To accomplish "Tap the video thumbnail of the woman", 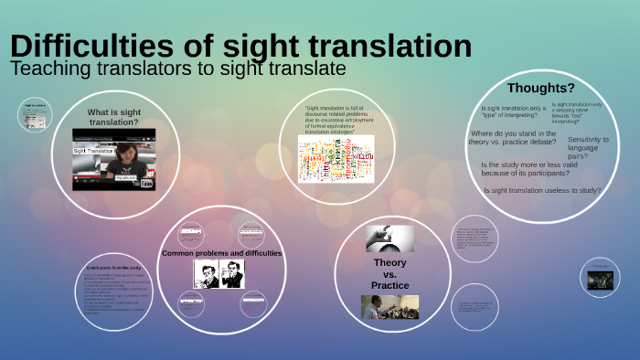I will (x=114, y=158).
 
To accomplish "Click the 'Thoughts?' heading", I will (x=541, y=88).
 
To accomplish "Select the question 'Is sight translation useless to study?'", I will (x=542, y=190).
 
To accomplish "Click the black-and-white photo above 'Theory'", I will (x=384, y=238).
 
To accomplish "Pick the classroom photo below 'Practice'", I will (x=389, y=306).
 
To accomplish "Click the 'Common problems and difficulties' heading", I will (x=222, y=253).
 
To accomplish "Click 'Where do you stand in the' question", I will (x=513, y=133).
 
